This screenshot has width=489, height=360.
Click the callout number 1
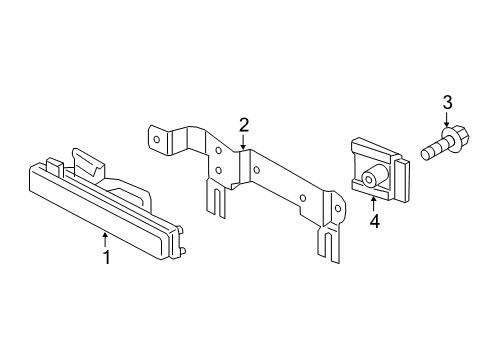pos(107,257)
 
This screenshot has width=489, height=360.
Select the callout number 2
pos(244,126)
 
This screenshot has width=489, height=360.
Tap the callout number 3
pos(447,102)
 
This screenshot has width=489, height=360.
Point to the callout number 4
pos(375,221)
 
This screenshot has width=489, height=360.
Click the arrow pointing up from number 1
pos(105,240)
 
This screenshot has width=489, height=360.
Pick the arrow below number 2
pos(244,142)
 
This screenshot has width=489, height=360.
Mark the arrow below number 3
pos(447,119)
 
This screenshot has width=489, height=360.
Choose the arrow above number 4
pos(374,204)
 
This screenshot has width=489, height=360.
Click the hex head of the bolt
pos(456,135)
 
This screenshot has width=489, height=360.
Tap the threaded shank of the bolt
pos(432,150)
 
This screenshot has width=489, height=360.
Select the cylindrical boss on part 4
pos(374,176)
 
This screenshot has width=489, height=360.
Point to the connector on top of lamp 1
pos(87,165)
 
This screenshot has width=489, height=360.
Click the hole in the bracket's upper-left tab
pos(157,140)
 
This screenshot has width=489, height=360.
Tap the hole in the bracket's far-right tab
pos(338,209)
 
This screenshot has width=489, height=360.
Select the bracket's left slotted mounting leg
pos(216,198)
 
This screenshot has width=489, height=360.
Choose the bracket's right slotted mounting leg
pos(329,243)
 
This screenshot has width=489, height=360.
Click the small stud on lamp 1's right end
pos(183,251)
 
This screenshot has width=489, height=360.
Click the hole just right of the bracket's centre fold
pos(256,170)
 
